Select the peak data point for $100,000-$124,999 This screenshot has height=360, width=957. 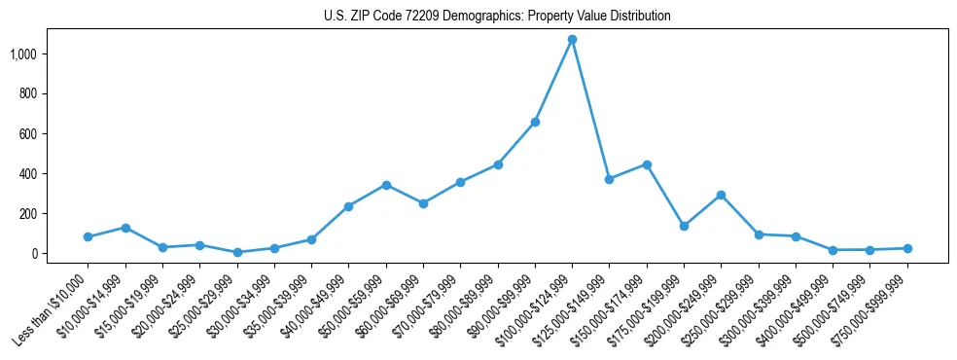click(x=572, y=40)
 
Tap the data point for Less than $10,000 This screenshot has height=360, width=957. click(x=88, y=236)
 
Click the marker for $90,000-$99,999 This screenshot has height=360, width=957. click(x=535, y=123)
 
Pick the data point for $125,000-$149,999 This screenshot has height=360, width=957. click(x=609, y=179)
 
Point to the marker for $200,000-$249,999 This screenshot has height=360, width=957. click(x=721, y=195)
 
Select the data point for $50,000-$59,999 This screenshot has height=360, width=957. click(x=386, y=185)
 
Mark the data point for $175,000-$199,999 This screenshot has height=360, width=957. click(x=684, y=226)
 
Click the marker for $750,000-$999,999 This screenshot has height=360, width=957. click(x=907, y=248)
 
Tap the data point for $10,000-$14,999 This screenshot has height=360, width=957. click(x=125, y=228)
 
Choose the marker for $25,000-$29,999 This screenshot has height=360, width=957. click(x=237, y=252)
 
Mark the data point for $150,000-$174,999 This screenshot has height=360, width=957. click(x=647, y=164)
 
